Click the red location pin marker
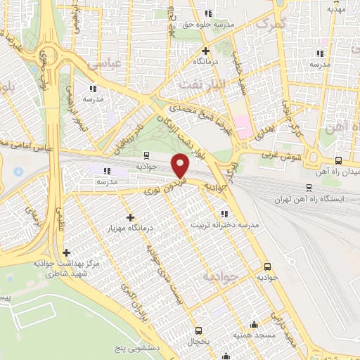tap(181, 166)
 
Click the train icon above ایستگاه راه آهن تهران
tap(308, 187)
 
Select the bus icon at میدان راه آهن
tap(339, 160)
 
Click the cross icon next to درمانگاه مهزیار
tap(130, 217)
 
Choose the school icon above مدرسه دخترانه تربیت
tap(224, 214)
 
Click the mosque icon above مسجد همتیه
tap(254, 325)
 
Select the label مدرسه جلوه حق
tap(208, 25)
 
